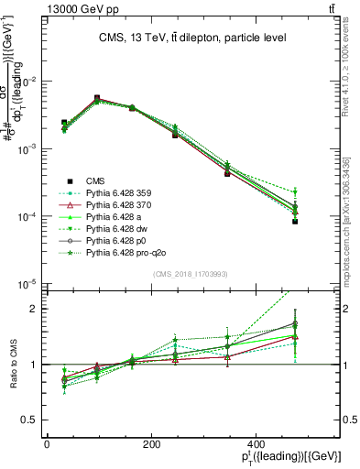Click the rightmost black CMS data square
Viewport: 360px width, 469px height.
pyautogui.click(x=295, y=222)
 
